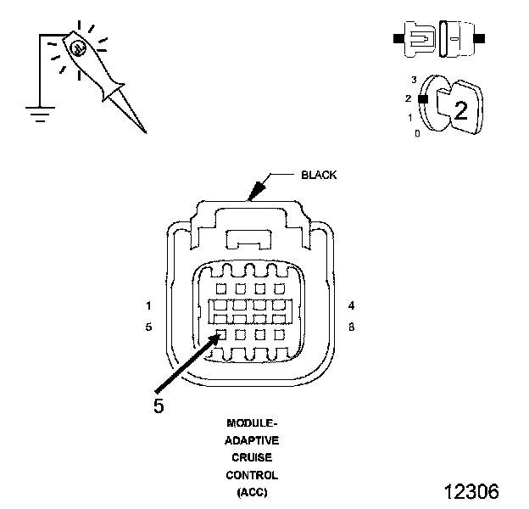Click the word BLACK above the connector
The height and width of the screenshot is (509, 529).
tap(319, 176)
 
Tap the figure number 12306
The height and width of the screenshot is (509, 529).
tap(471, 492)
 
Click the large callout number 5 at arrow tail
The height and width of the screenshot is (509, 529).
tap(159, 405)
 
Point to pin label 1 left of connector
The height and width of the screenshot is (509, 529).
tap(148, 305)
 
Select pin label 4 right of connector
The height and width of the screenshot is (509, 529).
tap(350, 305)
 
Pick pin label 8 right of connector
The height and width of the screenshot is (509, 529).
tap(350, 326)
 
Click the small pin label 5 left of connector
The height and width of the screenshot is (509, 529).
tap(148, 326)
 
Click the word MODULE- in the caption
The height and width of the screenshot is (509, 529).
tap(252, 422)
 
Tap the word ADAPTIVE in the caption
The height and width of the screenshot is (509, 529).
tap(252, 440)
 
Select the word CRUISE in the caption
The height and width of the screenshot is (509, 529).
tap(252, 458)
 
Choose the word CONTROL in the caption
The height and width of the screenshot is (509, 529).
tap(252, 475)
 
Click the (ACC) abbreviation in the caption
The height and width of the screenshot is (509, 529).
tap(252, 493)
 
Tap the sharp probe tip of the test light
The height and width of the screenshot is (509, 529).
tap(142, 129)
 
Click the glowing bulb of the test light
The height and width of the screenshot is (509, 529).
tap(78, 50)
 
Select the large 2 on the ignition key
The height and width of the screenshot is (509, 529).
tap(461, 109)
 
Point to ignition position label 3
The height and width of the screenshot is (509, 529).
tap(414, 80)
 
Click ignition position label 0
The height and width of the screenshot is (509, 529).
tap(416, 133)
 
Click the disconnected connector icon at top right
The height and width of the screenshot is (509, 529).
tap(437, 38)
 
